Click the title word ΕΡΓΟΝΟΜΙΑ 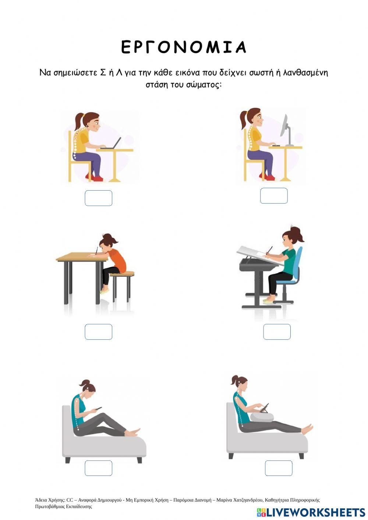[x=183, y=47]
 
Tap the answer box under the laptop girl [x=99, y=198]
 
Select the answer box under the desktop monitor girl [x=274, y=196]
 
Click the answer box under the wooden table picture [x=99, y=332]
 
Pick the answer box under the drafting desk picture [x=277, y=332]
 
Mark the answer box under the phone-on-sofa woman [x=99, y=468]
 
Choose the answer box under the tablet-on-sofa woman [x=279, y=468]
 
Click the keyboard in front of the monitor [x=276, y=146]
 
